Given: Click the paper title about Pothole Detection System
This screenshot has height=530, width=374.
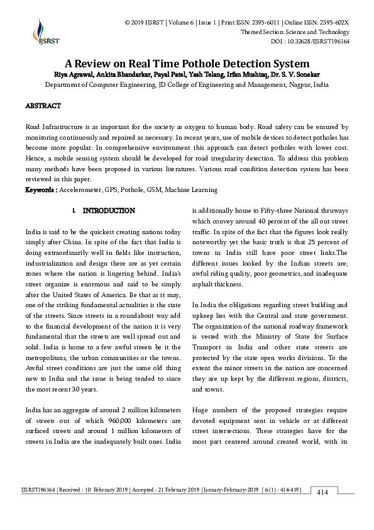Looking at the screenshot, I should click(x=187, y=64).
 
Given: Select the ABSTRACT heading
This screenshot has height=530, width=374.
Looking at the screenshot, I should click(x=43, y=106).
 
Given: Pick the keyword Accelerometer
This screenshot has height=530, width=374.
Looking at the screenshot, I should click(x=83, y=189).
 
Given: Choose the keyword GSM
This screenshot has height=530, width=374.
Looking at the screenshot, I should click(x=155, y=189).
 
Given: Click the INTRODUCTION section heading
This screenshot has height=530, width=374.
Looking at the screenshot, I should click(x=108, y=210).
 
